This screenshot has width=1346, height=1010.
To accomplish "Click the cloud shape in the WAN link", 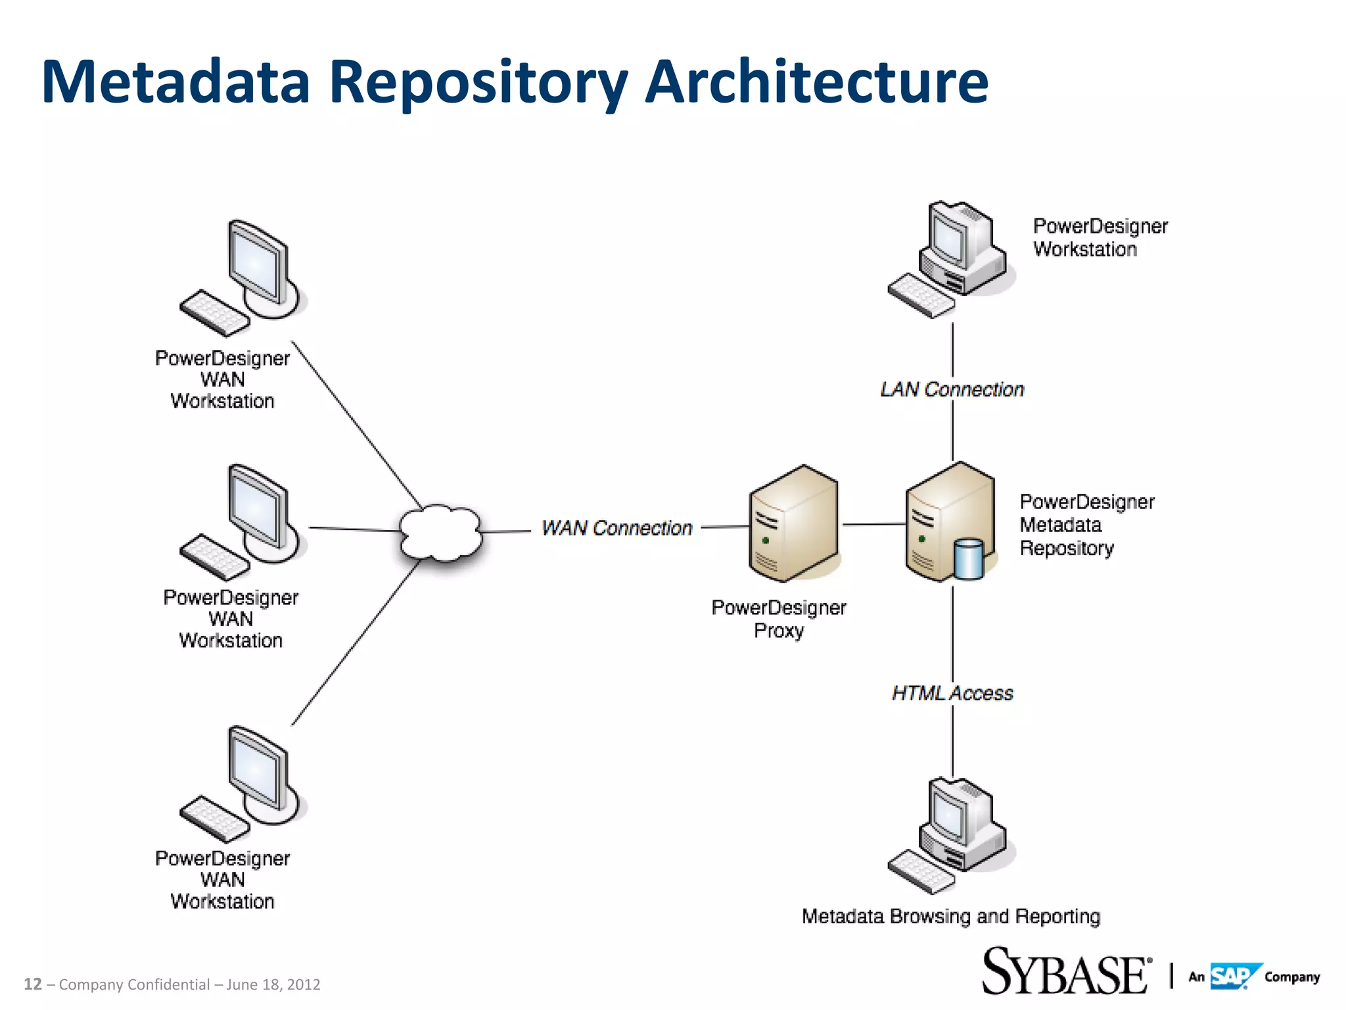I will pyautogui.click(x=441, y=533).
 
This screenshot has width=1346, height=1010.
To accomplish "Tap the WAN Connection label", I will pyautogui.click(x=616, y=528).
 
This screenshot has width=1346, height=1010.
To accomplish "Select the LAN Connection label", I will pyautogui.click(x=952, y=389).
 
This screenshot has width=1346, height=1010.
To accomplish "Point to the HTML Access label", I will pyautogui.click(x=952, y=693).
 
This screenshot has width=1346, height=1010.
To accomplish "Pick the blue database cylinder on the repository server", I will pyautogui.click(x=968, y=559).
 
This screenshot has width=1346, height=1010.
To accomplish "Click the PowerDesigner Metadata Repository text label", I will pyautogui.click(x=1086, y=525).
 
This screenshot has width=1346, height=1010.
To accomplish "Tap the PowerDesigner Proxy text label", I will pyautogui.click(x=779, y=619).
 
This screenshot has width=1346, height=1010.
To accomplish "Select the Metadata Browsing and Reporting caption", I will pyautogui.click(x=950, y=916).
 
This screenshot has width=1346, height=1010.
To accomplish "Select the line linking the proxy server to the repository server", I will pyautogui.click(x=874, y=524).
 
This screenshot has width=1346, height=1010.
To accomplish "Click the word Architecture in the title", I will pyautogui.click(x=816, y=82).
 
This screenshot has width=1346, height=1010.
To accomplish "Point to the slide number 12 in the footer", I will pyautogui.click(x=32, y=984).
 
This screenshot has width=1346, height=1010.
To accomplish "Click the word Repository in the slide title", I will pyautogui.click(x=478, y=82).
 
